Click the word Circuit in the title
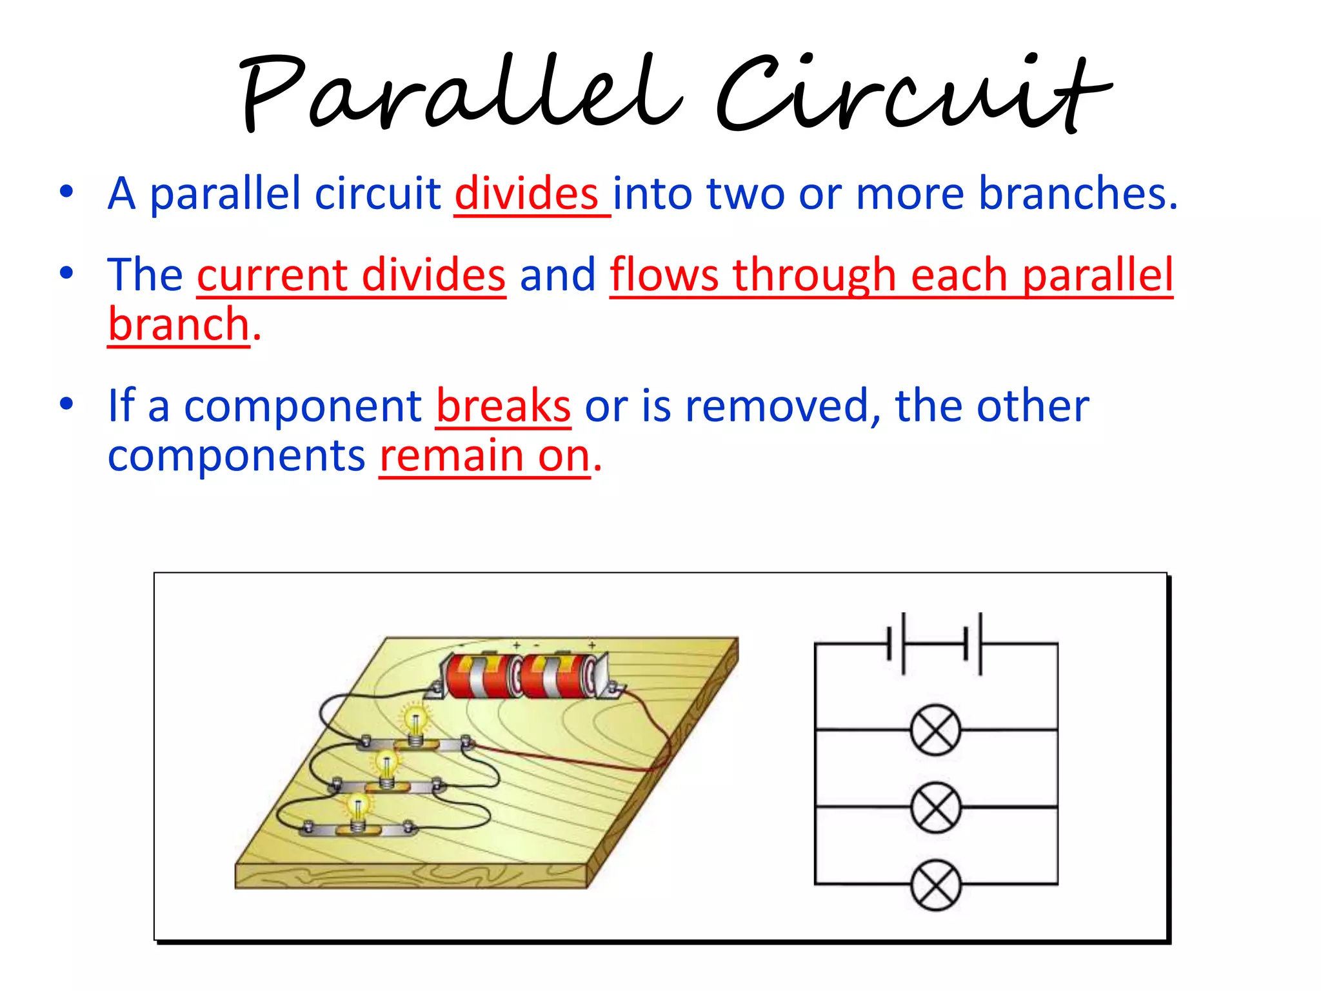click(x=913, y=94)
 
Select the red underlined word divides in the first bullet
click(x=526, y=194)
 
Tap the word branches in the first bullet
click(x=1077, y=194)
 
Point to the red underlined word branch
click(x=178, y=325)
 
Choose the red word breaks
click(x=503, y=406)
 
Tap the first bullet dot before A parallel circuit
click(x=66, y=192)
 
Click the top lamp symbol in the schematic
click(x=935, y=730)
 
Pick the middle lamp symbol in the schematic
click(x=935, y=807)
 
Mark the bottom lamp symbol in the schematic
click(x=935, y=885)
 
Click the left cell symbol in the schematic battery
click(x=897, y=644)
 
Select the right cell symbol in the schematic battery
click(x=973, y=644)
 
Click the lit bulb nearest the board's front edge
click(x=357, y=807)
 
